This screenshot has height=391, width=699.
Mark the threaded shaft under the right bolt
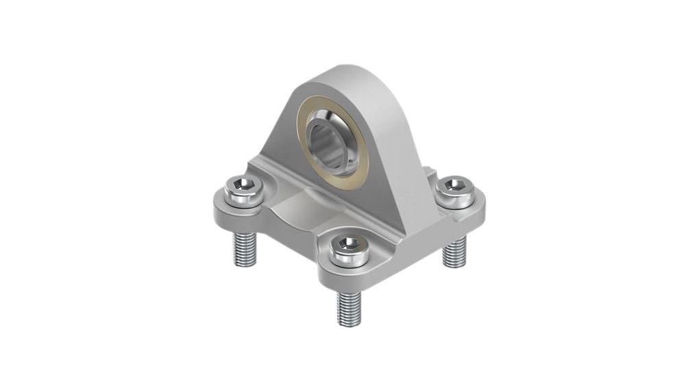pos(454,250)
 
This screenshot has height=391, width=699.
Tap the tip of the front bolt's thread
pos(349,322)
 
